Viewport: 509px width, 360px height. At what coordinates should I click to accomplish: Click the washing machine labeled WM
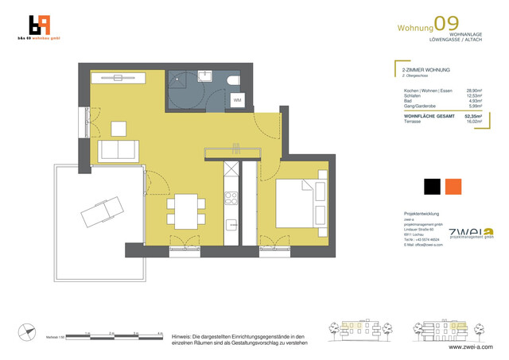click(237, 100)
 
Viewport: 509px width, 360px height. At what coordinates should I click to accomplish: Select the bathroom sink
click(206, 76)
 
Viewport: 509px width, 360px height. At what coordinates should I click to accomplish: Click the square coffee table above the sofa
click(119, 128)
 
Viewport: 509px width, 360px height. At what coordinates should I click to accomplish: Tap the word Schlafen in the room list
click(411, 95)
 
